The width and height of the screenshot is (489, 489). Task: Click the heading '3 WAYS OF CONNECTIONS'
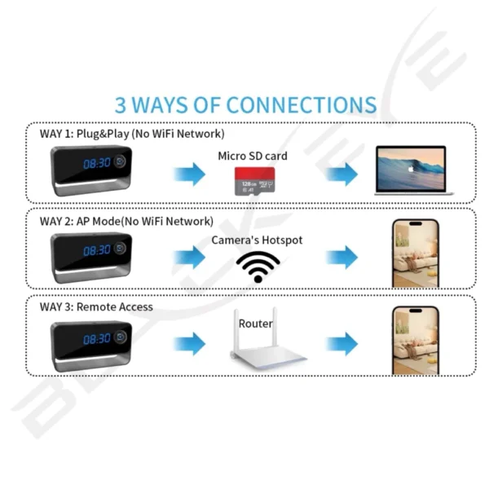pos(245,105)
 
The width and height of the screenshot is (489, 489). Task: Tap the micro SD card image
pos(254,181)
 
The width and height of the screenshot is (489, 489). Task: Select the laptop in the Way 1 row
pos(410,170)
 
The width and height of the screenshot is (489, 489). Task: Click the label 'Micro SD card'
pos(253,156)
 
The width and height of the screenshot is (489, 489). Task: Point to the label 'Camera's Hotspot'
pos(257,240)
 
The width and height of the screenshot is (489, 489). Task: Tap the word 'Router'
pos(256,324)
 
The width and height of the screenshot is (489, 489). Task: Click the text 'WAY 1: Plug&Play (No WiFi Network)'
pos(132,133)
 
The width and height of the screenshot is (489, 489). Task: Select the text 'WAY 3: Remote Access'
pos(96,306)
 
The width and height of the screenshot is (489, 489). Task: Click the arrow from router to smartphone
pos(341,344)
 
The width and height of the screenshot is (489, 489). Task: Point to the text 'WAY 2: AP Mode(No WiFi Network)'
pos(126,220)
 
